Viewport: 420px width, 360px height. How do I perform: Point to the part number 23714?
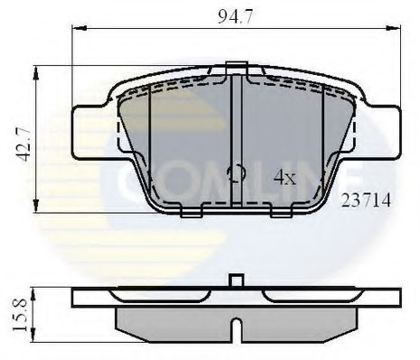pyautogui.click(x=365, y=202)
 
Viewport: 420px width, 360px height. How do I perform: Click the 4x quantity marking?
pyautogui.click(x=285, y=178)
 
